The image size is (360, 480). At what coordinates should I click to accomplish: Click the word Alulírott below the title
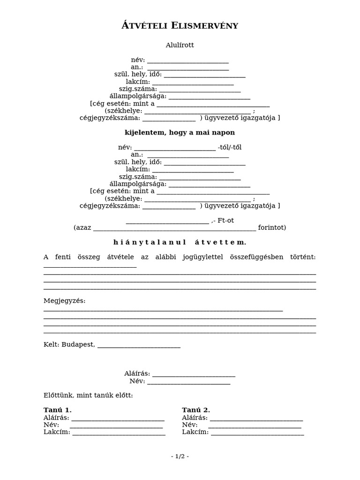click(180, 45)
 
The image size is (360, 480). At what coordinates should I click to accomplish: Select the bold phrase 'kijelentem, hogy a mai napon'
click(180, 133)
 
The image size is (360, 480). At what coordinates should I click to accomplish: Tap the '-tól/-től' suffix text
click(230, 147)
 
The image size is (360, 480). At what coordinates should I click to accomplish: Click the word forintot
click(271, 228)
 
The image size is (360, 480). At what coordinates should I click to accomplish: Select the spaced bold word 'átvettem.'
click(220, 242)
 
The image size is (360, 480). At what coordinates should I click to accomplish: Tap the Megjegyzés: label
click(65, 300)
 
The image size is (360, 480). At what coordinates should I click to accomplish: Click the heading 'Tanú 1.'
click(57, 410)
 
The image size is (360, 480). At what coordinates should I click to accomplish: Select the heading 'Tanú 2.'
click(196, 410)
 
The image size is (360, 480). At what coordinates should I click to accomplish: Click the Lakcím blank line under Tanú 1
click(119, 433)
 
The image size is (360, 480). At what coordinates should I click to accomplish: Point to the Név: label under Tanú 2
click(189, 425)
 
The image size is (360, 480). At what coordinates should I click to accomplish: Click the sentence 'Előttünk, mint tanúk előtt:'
click(88, 395)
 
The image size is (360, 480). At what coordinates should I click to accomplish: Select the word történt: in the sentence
click(302, 257)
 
